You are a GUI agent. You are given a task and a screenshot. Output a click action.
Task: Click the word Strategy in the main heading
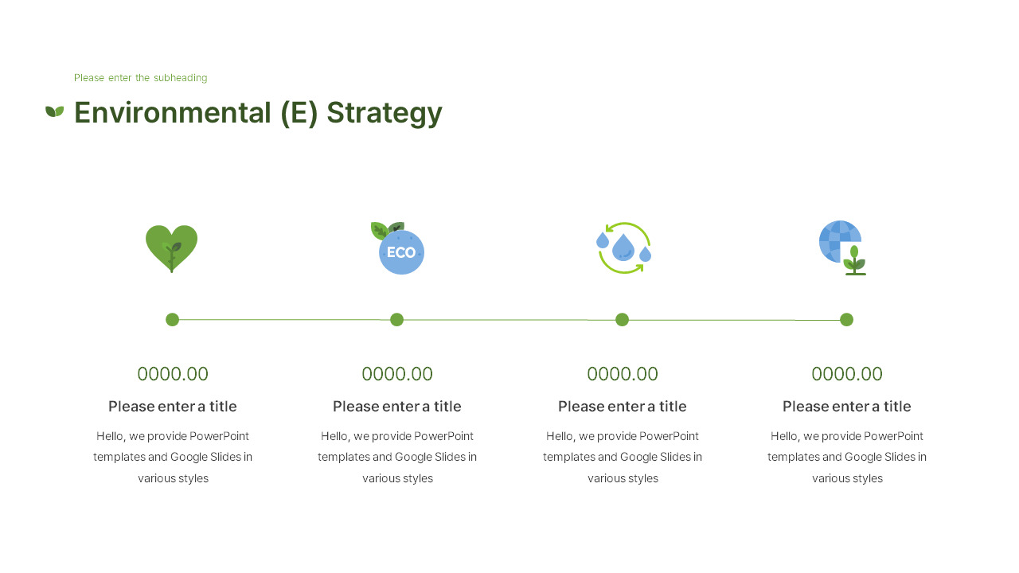[384, 113]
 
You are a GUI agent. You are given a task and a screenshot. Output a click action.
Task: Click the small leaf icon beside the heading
[54, 111]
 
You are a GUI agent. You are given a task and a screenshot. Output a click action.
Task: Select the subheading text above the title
[140, 78]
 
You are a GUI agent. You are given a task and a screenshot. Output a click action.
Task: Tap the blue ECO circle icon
[400, 251]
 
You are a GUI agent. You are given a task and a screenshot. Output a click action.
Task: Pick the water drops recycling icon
[623, 248]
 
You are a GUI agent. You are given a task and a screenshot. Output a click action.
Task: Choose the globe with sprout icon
[842, 247]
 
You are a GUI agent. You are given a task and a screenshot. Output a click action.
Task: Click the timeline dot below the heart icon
[172, 320]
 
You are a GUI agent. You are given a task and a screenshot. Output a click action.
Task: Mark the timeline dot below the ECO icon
[397, 320]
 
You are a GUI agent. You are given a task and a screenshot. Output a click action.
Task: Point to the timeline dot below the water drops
[623, 320]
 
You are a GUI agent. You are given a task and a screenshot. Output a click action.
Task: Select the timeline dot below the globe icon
[847, 320]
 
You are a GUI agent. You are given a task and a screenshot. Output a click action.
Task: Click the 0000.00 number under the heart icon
[173, 374]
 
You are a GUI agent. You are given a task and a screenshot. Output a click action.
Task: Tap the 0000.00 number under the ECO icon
[397, 374]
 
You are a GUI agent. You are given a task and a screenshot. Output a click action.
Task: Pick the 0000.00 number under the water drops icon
[623, 374]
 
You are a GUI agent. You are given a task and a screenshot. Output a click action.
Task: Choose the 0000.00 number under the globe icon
[847, 374]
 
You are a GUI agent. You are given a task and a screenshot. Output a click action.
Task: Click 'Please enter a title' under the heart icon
[173, 407]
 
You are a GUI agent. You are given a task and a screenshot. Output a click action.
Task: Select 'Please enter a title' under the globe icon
[847, 407]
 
